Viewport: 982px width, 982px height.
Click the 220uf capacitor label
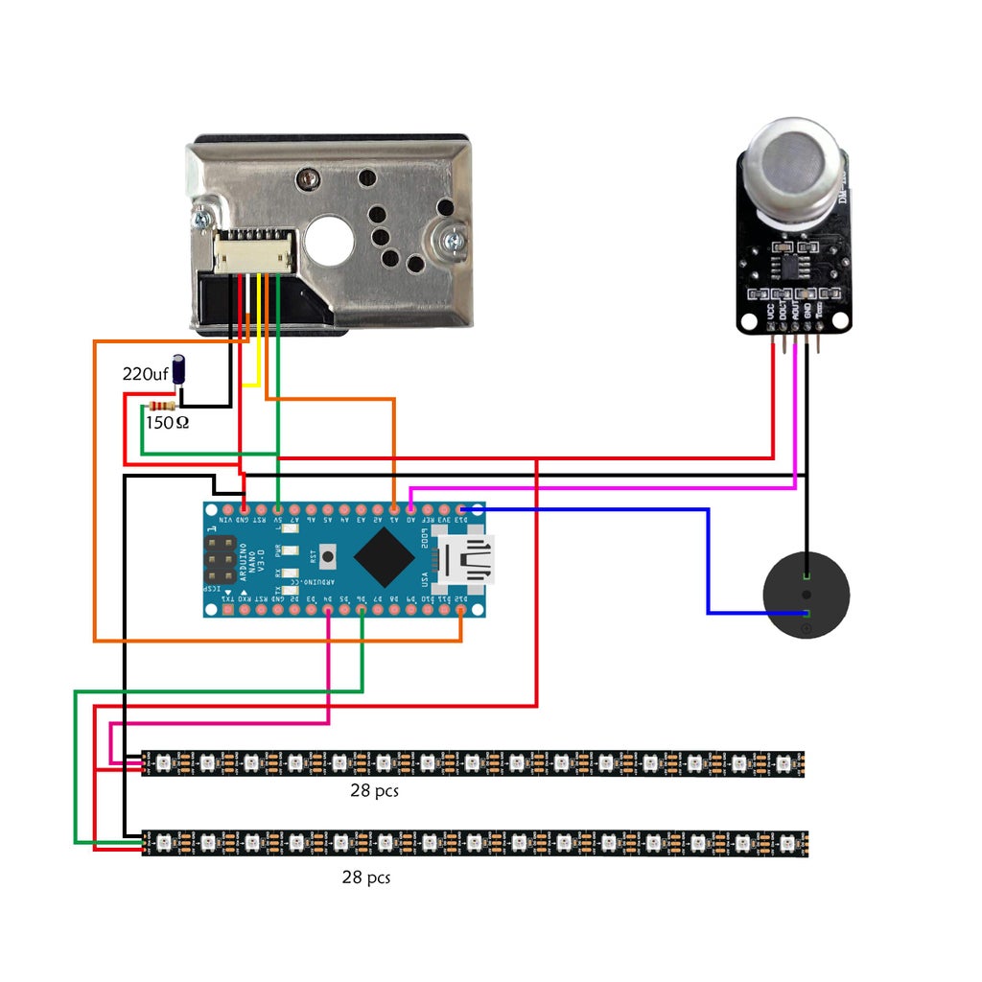click(146, 373)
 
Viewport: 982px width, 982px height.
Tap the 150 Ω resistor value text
click(167, 421)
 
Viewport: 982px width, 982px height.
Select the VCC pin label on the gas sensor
click(770, 312)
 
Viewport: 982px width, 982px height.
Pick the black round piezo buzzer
click(806, 596)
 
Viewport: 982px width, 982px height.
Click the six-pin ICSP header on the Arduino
click(220, 559)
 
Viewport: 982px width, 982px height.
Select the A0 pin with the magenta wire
click(410, 507)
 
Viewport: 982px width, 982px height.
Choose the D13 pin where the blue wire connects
click(462, 507)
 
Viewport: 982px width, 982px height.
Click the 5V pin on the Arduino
click(278, 507)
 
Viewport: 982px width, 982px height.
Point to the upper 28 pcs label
click(374, 792)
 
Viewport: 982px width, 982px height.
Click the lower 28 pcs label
click(366, 877)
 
